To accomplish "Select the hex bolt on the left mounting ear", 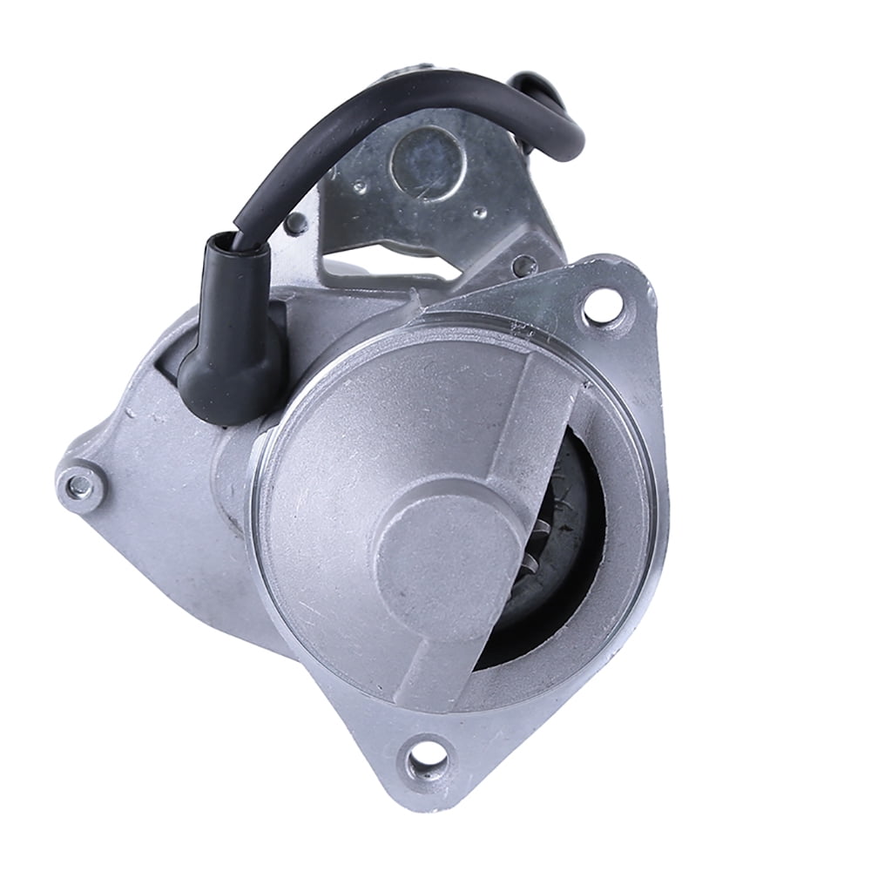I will (x=80, y=482).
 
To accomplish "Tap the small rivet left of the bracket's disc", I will (x=357, y=186).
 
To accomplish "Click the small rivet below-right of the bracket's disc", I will (x=478, y=212).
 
